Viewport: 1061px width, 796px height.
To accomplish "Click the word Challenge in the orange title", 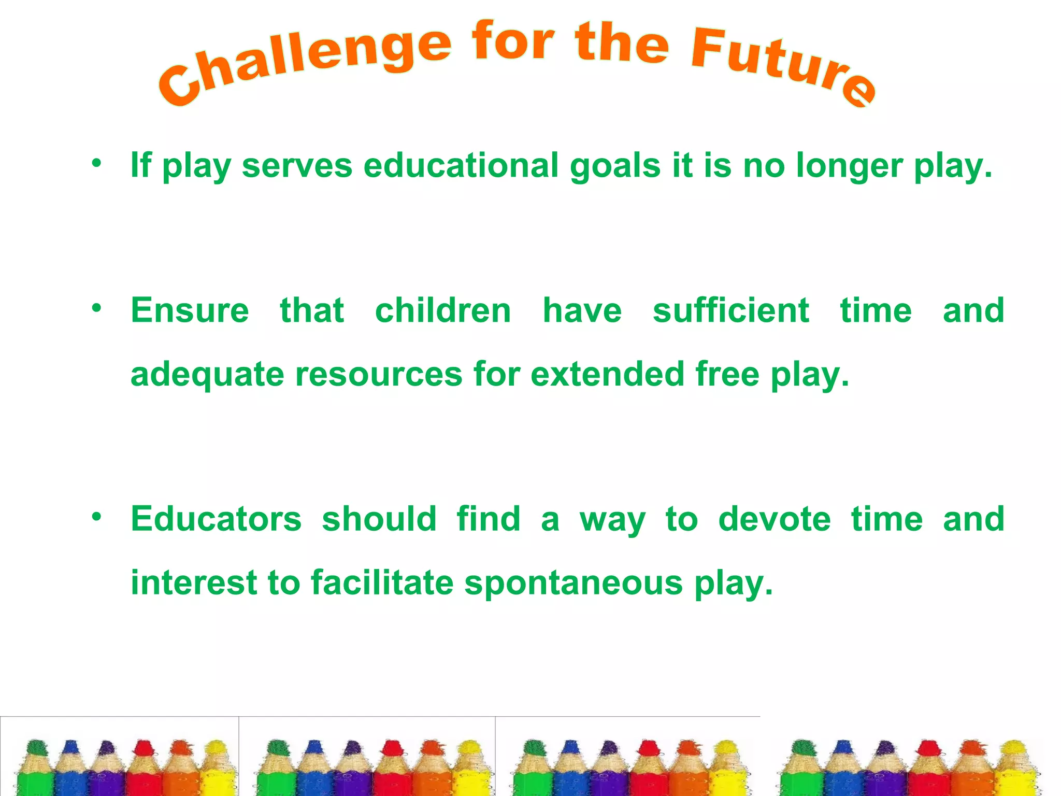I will (x=306, y=65).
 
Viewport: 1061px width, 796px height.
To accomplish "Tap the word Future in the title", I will (x=782, y=65).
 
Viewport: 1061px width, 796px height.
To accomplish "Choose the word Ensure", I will (x=190, y=310).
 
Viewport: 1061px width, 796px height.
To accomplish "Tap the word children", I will (x=443, y=310).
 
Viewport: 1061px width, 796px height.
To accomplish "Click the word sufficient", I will (x=730, y=310).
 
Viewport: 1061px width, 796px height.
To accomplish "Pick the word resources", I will (x=379, y=374).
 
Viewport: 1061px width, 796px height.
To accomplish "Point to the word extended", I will (x=608, y=374).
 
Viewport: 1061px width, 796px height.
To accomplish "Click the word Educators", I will (x=216, y=519).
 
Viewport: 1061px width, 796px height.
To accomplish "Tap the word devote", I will (x=775, y=519).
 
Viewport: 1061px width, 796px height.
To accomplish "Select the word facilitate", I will (x=382, y=582).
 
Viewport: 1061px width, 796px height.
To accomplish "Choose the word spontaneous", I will (x=573, y=584).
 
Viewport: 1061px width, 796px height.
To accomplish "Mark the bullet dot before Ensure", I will (x=96, y=308).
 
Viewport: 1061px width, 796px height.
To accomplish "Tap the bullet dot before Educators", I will (x=96, y=517).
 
